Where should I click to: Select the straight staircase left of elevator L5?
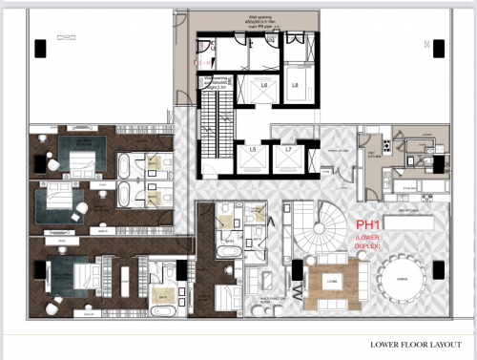click(x=212, y=128)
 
